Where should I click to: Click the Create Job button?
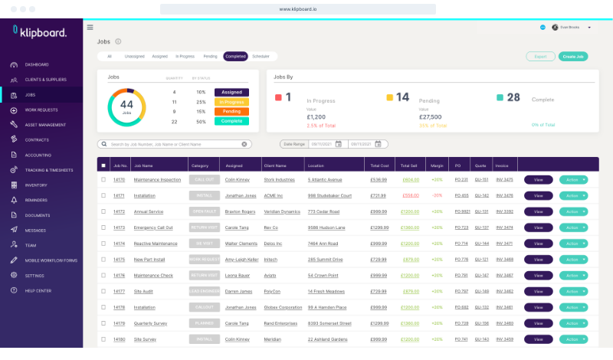click(x=574, y=56)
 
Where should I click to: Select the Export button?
click(x=540, y=56)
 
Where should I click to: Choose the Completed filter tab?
click(x=235, y=56)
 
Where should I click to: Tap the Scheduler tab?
click(x=261, y=56)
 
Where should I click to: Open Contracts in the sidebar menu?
click(x=37, y=139)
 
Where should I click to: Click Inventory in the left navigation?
click(x=36, y=185)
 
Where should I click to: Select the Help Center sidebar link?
click(x=38, y=290)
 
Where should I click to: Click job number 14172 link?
click(x=119, y=211)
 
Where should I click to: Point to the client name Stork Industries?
click(x=279, y=180)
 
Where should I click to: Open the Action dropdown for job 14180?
click(x=574, y=339)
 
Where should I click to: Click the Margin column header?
click(x=437, y=165)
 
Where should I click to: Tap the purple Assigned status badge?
click(x=231, y=92)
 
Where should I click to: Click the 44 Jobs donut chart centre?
click(x=126, y=106)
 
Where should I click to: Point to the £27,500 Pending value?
click(x=430, y=116)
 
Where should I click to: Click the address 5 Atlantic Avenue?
click(x=324, y=180)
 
